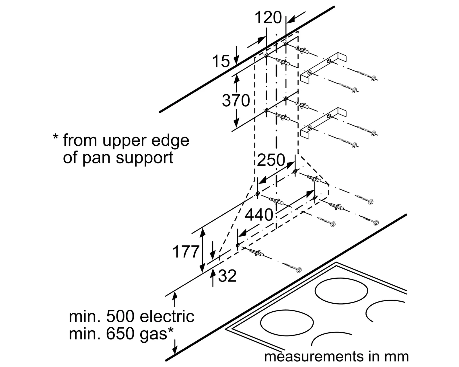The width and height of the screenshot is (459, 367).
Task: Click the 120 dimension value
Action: pyautogui.click(x=268, y=17)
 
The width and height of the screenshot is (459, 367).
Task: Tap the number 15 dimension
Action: pyautogui.click(x=221, y=61)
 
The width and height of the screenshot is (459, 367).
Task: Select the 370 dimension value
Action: pyautogui.click(x=236, y=100)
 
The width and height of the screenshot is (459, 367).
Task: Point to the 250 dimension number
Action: pyautogui.click(x=271, y=160)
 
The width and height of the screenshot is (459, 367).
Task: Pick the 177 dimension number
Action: pyautogui.click(x=186, y=252)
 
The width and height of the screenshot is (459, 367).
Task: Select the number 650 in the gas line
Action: pyautogui.click(x=120, y=334)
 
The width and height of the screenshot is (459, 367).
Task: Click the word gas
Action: pyautogui.click(x=153, y=335)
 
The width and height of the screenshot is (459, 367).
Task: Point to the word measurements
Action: pyautogui.click(x=314, y=356)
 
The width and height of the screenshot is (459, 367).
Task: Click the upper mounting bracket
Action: pyautogui.click(x=323, y=67)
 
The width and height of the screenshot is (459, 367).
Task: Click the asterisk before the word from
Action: pyautogui.click(x=55, y=137)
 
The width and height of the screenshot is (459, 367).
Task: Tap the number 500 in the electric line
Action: pyautogui.click(x=120, y=317)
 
